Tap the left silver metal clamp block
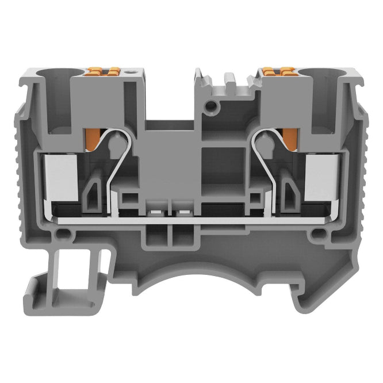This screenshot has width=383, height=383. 58,177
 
